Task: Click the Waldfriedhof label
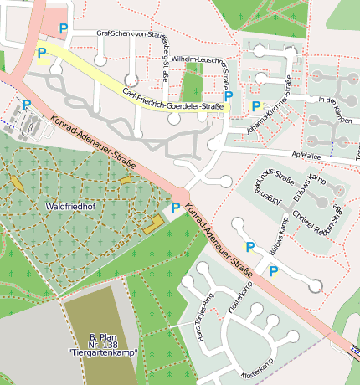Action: click(69, 205)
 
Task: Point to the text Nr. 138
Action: click(99, 344)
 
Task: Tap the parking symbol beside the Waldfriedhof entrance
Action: click(176, 208)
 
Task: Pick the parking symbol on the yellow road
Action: click(42, 53)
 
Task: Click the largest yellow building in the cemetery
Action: click(153, 223)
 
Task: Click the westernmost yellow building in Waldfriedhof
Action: click(17, 182)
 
